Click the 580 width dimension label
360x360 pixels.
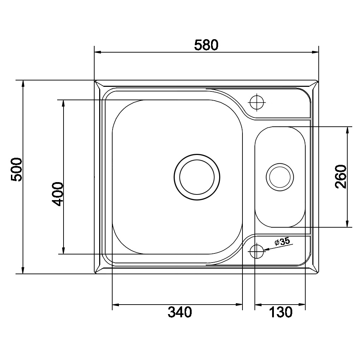[206, 45]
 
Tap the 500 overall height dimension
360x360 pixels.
[17, 169]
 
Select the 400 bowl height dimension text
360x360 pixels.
[57, 194]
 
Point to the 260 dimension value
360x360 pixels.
[341, 176]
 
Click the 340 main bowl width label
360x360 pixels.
[180, 312]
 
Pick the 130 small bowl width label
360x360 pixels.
[281, 312]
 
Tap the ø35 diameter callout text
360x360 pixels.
[282, 241]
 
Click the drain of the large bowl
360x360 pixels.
[197, 177]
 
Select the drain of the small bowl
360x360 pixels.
[280, 177]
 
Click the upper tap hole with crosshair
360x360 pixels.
[257, 102]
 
